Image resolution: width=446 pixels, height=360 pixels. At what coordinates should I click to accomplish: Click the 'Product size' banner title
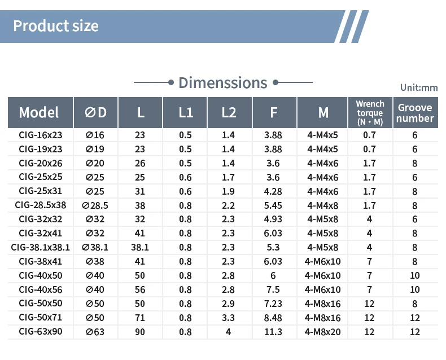click(56, 26)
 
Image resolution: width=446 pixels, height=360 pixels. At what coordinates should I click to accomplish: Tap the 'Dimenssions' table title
click(222, 83)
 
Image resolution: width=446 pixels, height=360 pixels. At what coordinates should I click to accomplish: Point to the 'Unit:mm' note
click(419, 87)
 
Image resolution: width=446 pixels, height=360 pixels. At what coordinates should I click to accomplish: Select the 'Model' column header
click(39, 112)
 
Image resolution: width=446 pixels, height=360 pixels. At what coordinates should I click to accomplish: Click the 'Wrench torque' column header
click(370, 113)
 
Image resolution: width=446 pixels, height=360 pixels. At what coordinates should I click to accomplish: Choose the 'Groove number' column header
click(415, 113)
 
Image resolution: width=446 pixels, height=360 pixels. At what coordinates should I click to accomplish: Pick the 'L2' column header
click(229, 112)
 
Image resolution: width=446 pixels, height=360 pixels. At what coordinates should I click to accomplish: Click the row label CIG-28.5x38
click(41, 205)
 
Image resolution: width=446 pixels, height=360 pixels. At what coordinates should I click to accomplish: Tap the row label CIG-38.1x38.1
click(41, 247)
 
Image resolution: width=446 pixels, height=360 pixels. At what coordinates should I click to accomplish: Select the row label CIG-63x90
click(41, 332)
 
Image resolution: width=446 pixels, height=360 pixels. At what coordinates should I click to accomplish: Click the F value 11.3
click(273, 332)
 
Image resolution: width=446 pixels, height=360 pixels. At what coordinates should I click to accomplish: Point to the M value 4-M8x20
click(322, 332)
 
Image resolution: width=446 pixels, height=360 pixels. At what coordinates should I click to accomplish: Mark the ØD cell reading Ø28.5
click(95, 205)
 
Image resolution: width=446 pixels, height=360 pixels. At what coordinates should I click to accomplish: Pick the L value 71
click(139, 318)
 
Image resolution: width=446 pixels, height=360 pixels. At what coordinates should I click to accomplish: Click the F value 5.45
click(273, 205)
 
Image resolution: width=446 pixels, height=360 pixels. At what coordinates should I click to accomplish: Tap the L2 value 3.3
click(228, 318)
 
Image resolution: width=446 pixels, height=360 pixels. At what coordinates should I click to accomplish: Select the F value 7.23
click(273, 304)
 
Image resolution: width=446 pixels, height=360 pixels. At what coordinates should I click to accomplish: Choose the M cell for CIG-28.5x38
click(322, 205)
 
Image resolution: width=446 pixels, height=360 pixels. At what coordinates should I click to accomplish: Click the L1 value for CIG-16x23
click(185, 135)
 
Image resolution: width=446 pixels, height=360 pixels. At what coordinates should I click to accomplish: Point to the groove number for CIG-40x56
click(415, 289)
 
